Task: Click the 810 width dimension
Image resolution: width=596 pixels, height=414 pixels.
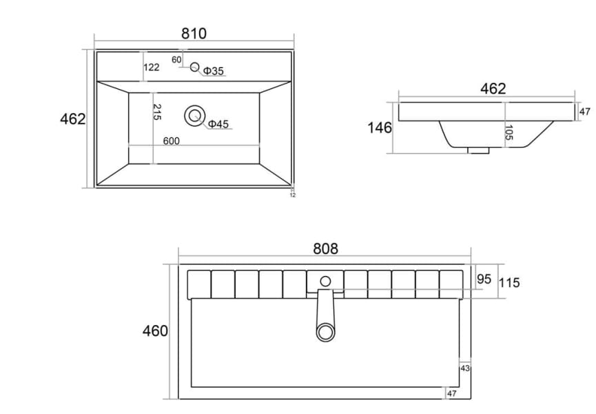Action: tap(194, 33)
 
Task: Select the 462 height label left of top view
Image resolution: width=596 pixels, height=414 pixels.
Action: tap(73, 119)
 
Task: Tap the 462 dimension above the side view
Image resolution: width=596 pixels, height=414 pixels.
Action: tap(493, 88)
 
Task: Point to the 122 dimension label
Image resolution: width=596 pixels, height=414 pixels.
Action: tap(152, 67)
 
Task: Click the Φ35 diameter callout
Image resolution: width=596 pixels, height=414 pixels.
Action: tap(213, 71)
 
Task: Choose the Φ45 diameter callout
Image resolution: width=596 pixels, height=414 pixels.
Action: tap(218, 124)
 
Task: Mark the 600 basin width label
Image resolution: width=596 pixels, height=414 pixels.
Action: tap(171, 141)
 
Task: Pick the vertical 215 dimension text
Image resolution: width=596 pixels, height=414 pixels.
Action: tap(157, 112)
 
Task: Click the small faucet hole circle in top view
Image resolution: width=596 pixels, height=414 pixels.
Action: tap(194, 67)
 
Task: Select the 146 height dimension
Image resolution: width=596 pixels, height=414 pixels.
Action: tap(380, 128)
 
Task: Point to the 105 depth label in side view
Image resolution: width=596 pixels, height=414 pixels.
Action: tap(508, 133)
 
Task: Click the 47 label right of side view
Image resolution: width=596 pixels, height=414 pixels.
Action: tap(584, 112)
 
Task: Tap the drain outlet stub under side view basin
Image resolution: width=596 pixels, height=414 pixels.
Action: tap(477, 149)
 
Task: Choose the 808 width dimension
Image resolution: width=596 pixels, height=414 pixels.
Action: tap(325, 249)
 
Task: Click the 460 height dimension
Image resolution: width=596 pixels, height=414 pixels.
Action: tap(155, 331)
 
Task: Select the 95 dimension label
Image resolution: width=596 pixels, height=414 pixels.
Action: tap(484, 279)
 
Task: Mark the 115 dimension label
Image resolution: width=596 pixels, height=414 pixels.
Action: tap(510, 282)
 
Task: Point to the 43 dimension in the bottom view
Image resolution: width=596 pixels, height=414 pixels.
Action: tap(465, 368)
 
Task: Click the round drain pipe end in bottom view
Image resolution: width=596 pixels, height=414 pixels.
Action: tap(325, 333)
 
